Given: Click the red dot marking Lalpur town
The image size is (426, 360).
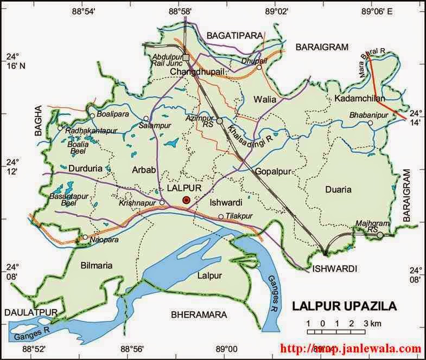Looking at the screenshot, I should coord(186,200).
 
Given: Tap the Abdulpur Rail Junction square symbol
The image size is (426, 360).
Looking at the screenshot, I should coord(186,57).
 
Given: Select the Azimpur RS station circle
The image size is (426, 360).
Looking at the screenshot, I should coord(220,121).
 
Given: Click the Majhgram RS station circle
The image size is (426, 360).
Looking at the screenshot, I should coord(380,235).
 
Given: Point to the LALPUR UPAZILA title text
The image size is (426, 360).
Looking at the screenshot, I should coord(344,306).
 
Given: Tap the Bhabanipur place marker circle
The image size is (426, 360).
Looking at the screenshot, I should coord(370,123).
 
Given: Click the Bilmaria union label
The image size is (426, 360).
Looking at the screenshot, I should coord(95,266).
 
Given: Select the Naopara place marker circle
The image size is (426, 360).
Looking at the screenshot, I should coord(85,237).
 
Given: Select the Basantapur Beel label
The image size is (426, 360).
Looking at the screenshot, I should coord(67,198).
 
